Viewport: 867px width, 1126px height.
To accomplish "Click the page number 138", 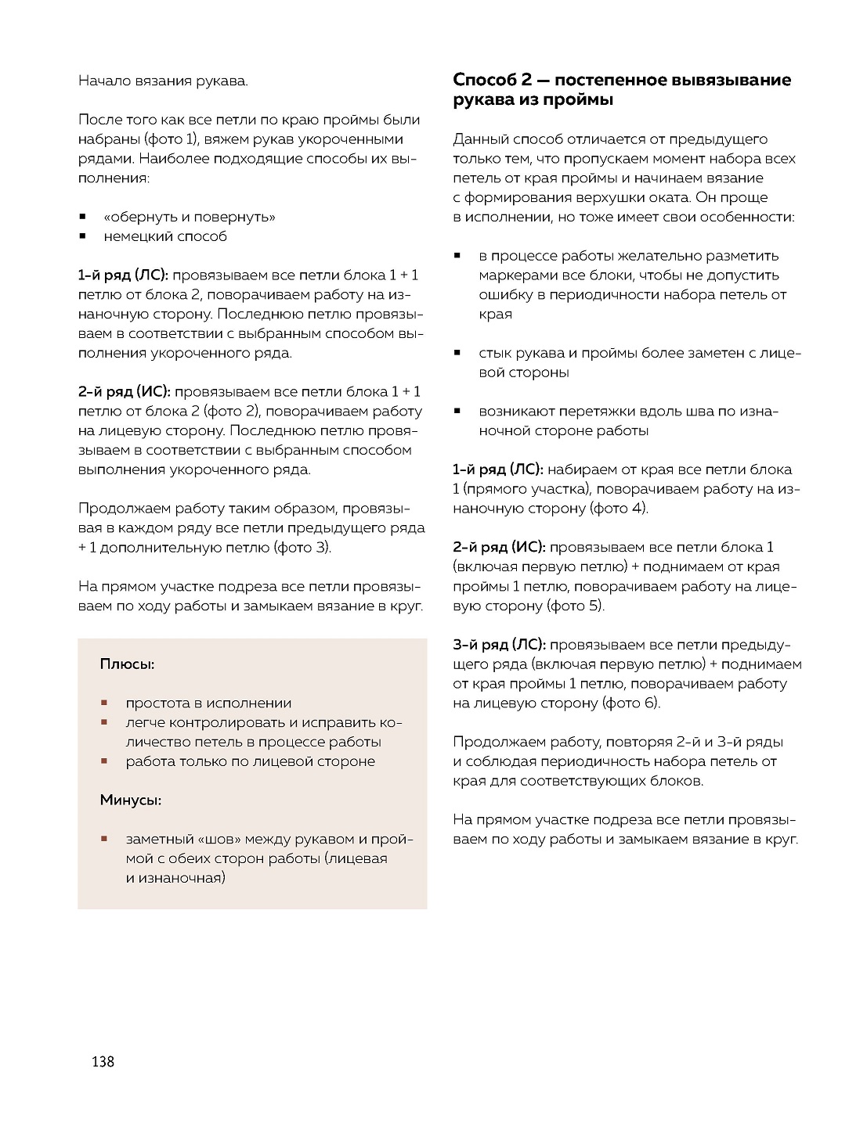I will click(103, 1062).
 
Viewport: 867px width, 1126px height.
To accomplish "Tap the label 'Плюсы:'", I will click(127, 664).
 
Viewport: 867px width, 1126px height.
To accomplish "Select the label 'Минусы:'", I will click(131, 800).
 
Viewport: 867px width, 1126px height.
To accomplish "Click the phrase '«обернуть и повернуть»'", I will click(190, 217).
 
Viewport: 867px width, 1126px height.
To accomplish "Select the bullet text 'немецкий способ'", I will click(165, 236).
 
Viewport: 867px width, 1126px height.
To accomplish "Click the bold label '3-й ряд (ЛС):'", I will click(499, 645).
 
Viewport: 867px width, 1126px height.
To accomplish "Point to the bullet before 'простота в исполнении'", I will click(103, 703).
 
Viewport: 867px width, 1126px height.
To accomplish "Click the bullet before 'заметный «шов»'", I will click(103, 839).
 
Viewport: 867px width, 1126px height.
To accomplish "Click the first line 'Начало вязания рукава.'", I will click(163, 81).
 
